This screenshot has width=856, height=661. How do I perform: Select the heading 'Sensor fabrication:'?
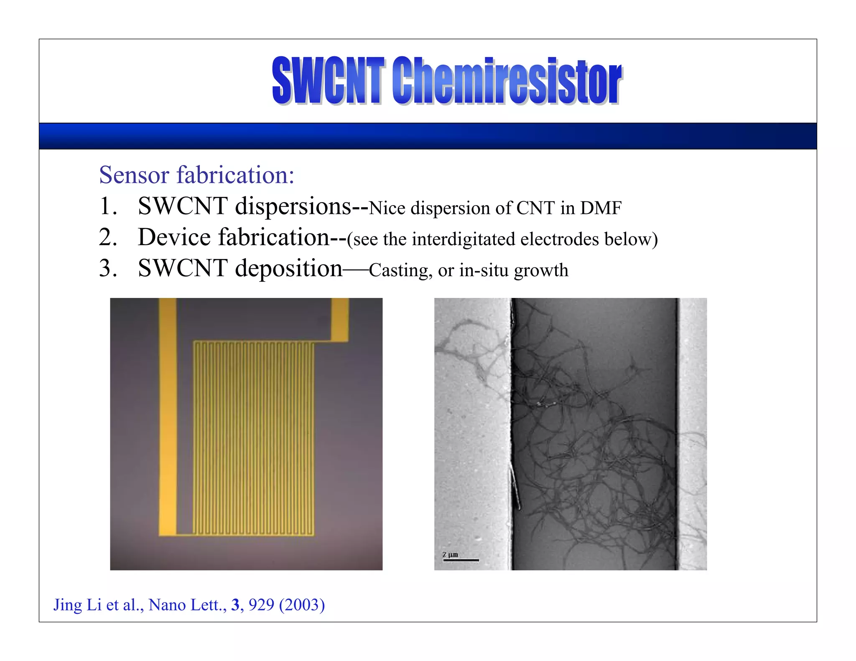pyautogui.click(x=196, y=175)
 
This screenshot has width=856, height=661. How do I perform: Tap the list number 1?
pyautogui.click(x=107, y=206)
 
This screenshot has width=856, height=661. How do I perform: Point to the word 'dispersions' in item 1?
pyautogui.click(x=293, y=206)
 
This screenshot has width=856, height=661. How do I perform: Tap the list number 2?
pyautogui.click(x=107, y=237)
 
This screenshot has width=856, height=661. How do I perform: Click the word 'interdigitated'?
pyautogui.click(x=464, y=239)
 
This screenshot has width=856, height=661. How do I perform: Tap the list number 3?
pyautogui.click(x=107, y=268)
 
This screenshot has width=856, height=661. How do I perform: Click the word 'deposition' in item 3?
pyautogui.click(x=289, y=269)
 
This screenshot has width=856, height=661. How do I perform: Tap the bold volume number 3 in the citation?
pyautogui.click(x=235, y=605)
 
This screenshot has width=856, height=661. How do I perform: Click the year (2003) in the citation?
pyautogui.click(x=302, y=605)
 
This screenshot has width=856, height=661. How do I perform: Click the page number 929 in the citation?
pyautogui.click(x=261, y=605)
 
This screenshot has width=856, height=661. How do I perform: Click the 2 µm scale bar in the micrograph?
pyautogui.click(x=461, y=559)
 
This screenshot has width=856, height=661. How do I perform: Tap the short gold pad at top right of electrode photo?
pyautogui.click(x=340, y=319)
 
